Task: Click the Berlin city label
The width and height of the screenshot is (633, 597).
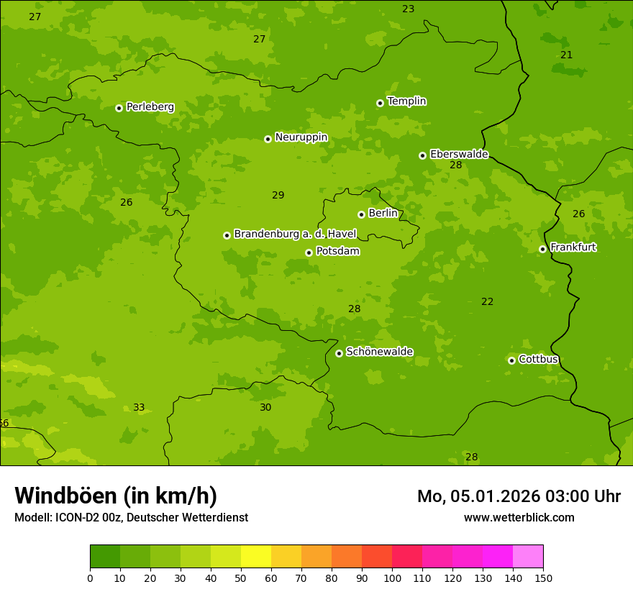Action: point(383,214)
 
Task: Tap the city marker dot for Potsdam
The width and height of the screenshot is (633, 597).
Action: point(309,252)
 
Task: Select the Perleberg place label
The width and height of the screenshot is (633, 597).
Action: point(150,107)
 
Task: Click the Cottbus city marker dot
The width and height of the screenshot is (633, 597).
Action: point(511,360)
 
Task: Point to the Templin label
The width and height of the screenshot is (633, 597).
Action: point(406,101)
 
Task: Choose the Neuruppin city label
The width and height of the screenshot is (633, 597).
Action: point(301,137)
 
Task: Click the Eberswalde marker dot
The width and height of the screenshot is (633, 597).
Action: point(422,155)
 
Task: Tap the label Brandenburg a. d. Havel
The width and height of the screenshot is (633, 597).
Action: point(295,234)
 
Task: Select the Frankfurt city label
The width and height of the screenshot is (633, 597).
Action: point(573,247)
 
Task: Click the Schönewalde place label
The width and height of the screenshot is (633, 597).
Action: point(379,352)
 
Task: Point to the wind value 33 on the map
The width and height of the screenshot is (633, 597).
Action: point(139,408)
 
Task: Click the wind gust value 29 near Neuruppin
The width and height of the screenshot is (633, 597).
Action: point(278,196)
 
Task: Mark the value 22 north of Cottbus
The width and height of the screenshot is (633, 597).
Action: point(487,302)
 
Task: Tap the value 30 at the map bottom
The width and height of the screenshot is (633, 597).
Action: point(265,408)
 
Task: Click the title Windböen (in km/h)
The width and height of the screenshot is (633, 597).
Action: point(116,496)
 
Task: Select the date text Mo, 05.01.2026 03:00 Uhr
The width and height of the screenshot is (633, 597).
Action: point(519,496)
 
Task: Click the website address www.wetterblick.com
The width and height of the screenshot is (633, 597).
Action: point(519,518)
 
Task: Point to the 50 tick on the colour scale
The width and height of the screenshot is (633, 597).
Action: point(241,578)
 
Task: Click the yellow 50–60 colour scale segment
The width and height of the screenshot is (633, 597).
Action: point(256,557)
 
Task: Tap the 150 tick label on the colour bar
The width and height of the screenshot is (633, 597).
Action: point(543,578)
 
